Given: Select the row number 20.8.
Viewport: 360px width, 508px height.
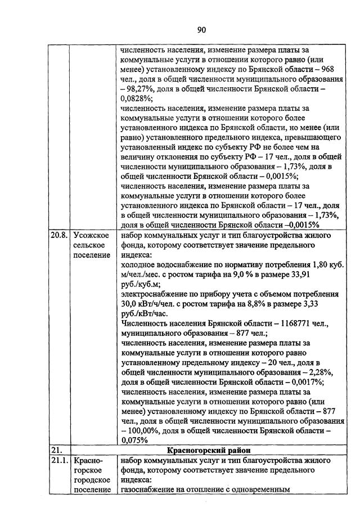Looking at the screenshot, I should [58, 235].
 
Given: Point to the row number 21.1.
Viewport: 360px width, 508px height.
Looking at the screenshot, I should [58, 460].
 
